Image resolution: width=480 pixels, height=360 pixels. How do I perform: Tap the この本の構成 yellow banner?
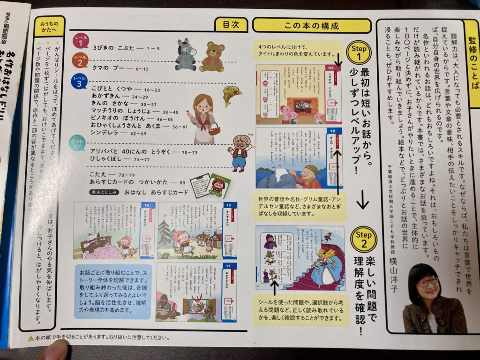coord(311,25)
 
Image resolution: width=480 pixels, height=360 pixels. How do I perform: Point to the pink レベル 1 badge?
coord(80,42)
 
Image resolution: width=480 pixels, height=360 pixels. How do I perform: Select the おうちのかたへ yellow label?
coord(49,27)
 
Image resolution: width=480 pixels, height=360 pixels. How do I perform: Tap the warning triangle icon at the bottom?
coord(30,338)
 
